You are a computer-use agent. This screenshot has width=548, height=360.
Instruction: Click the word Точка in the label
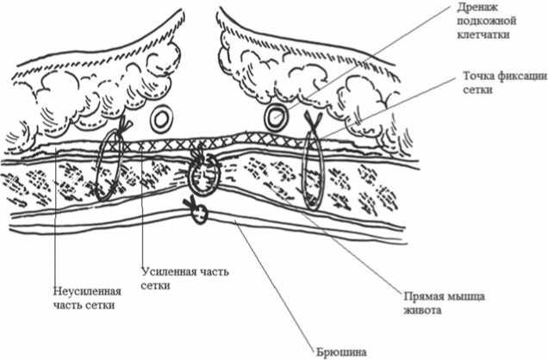(x=481, y=75)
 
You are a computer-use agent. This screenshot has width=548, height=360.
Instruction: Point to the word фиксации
(x=524, y=75)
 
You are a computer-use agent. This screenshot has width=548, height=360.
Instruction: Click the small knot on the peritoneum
(x=197, y=211)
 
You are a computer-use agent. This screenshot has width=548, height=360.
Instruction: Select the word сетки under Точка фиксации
(x=476, y=90)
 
